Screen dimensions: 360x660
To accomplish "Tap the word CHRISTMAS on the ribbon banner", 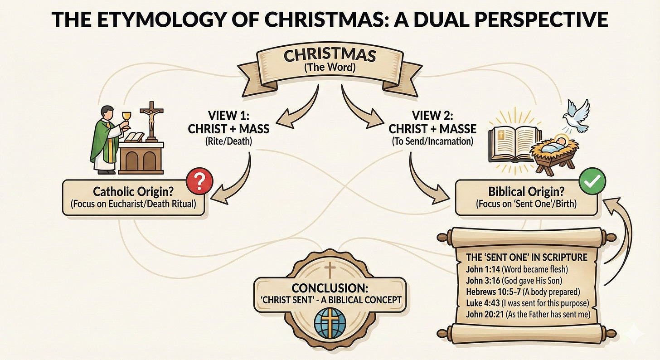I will (x=330, y=55).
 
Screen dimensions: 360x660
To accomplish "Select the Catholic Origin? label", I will (x=133, y=191).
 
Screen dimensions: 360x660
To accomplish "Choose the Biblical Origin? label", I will (x=520, y=191).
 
